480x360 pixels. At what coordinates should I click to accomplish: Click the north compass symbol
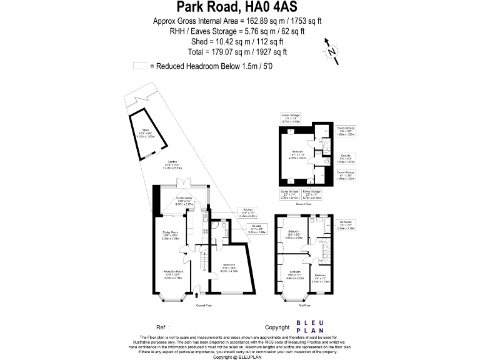pyautogui.click(x=332, y=51)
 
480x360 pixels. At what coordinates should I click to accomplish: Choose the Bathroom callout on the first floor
pyautogui.click(x=346, y=226)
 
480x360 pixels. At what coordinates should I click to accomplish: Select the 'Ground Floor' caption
pyautogui.click(x=206, y=306)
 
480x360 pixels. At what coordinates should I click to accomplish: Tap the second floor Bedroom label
pyautogui.click(x=298, y=156)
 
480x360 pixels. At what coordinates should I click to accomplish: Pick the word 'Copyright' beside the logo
pyautogui.click(x=277, y=327)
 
